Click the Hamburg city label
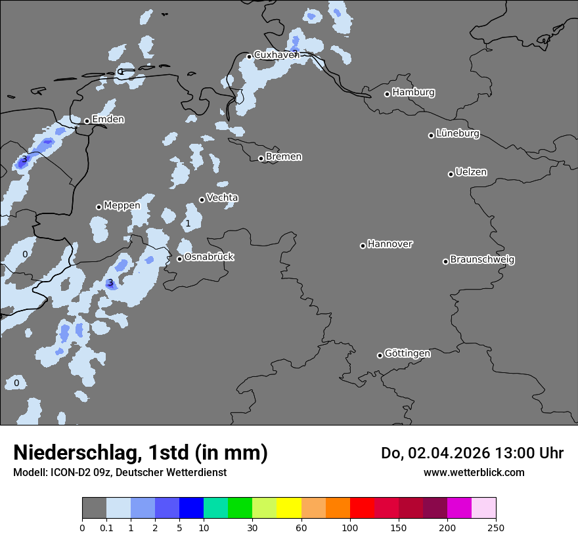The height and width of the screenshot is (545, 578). [413, 93]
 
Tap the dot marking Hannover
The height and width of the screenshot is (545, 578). [363, 246]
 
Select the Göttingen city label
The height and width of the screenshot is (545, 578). [407, 353]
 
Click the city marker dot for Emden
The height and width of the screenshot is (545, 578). [87, 121]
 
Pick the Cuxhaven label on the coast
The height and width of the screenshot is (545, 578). [277, 54]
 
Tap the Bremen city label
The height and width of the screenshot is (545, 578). [284, 157]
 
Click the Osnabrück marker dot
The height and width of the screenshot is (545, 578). [179, 259]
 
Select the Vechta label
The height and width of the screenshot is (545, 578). [222, 198]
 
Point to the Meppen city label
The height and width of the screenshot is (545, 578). [122, 206]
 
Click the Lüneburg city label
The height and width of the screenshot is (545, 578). [458, 133]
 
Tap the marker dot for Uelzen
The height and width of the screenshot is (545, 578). [451, 174]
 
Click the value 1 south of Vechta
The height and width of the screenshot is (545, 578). [188, 224]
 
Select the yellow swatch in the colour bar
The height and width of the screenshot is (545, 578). [289, 508]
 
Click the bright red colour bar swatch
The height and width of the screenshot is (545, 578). [362, 508]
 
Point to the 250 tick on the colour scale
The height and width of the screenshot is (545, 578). [496, 527]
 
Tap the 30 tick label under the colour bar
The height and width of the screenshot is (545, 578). [252, 527]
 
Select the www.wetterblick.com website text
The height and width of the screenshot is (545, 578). [474, 472]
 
